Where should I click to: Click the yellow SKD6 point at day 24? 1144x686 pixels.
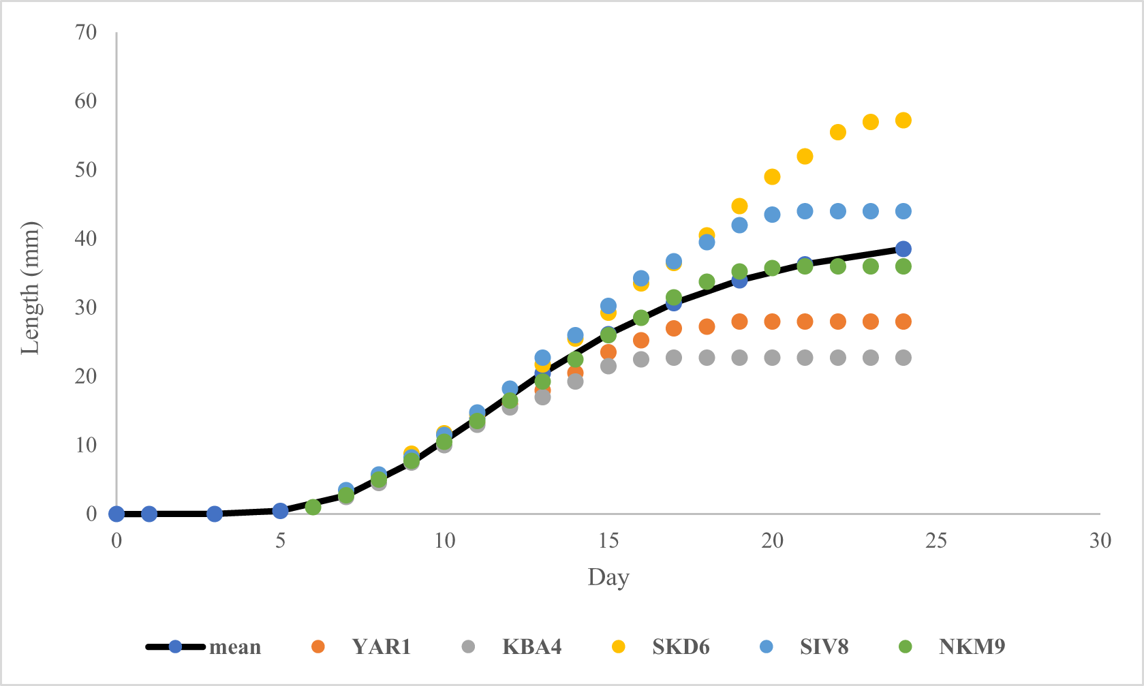tap(903, 121)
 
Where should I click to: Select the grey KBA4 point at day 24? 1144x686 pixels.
tap(903, 358)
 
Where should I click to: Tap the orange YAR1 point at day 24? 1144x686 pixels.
tap(903, 322)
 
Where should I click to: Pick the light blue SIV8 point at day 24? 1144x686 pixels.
tap(903, 211)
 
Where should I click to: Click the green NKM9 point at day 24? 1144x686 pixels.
tap(903, 266)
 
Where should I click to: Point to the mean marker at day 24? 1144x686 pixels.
tap(903, 249)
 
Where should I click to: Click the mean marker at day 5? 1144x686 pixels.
tap(280, 510)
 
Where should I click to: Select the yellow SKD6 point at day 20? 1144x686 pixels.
tap(772, 176)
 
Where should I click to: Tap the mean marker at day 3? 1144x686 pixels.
tap(215, 514)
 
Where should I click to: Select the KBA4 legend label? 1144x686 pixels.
tap(531, 646)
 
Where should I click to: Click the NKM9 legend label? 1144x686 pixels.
tap(972, 646)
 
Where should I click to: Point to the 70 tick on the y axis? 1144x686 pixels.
tap(86, 32)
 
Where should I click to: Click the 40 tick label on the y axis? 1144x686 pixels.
tap(86, 238)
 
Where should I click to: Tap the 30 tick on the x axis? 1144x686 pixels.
tap(1100, 541)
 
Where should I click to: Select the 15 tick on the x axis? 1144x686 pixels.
tap(608, 541)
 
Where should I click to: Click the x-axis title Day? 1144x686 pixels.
tap(608, 577)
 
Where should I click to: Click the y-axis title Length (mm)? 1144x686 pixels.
tap(31, 287)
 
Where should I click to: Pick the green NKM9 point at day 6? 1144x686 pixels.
tap(313, 507)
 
